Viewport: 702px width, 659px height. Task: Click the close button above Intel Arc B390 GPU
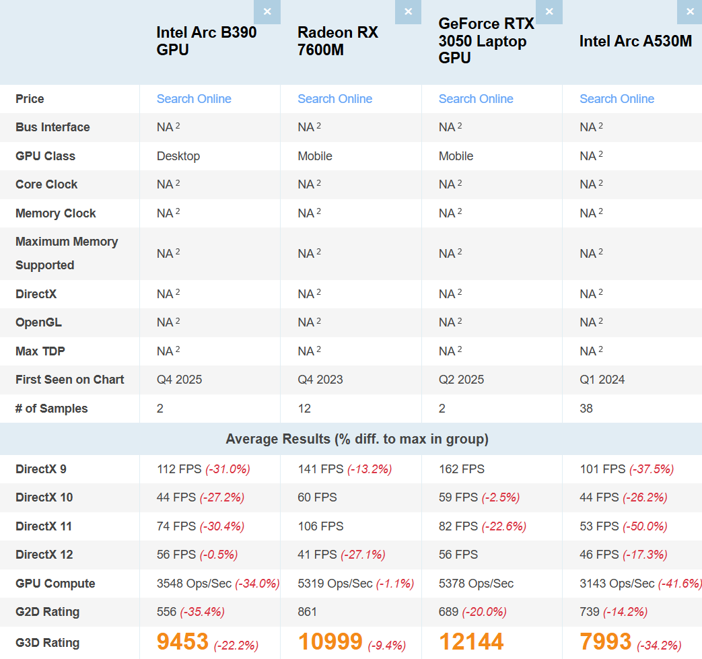[267, 11]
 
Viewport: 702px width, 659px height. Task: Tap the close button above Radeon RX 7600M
[408, 11]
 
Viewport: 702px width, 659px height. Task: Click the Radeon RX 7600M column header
[338, 41]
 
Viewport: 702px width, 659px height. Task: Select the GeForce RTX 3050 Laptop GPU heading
[486, 41]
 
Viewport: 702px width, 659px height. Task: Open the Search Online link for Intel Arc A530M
[617, 99]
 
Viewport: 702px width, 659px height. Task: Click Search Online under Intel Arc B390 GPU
[194, 99]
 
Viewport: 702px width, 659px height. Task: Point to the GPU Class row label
[45, 156]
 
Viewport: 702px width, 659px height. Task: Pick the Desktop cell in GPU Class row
[178, 156]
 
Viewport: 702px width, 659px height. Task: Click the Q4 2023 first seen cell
[320, 380]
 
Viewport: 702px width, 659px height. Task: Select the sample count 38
[586, 409]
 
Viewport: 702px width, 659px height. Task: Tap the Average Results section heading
[357, 440]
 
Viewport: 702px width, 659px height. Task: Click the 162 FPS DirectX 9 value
[461, 469]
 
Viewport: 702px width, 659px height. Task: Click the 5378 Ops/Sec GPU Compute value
[476, 584]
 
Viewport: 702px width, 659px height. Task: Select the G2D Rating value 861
[307, 612]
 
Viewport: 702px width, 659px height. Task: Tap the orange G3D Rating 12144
[471, 641]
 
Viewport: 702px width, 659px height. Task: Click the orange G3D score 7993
[605, 641]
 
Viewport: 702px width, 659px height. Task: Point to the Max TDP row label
[40, 351]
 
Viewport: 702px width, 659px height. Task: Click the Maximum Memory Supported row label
[66, 253]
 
